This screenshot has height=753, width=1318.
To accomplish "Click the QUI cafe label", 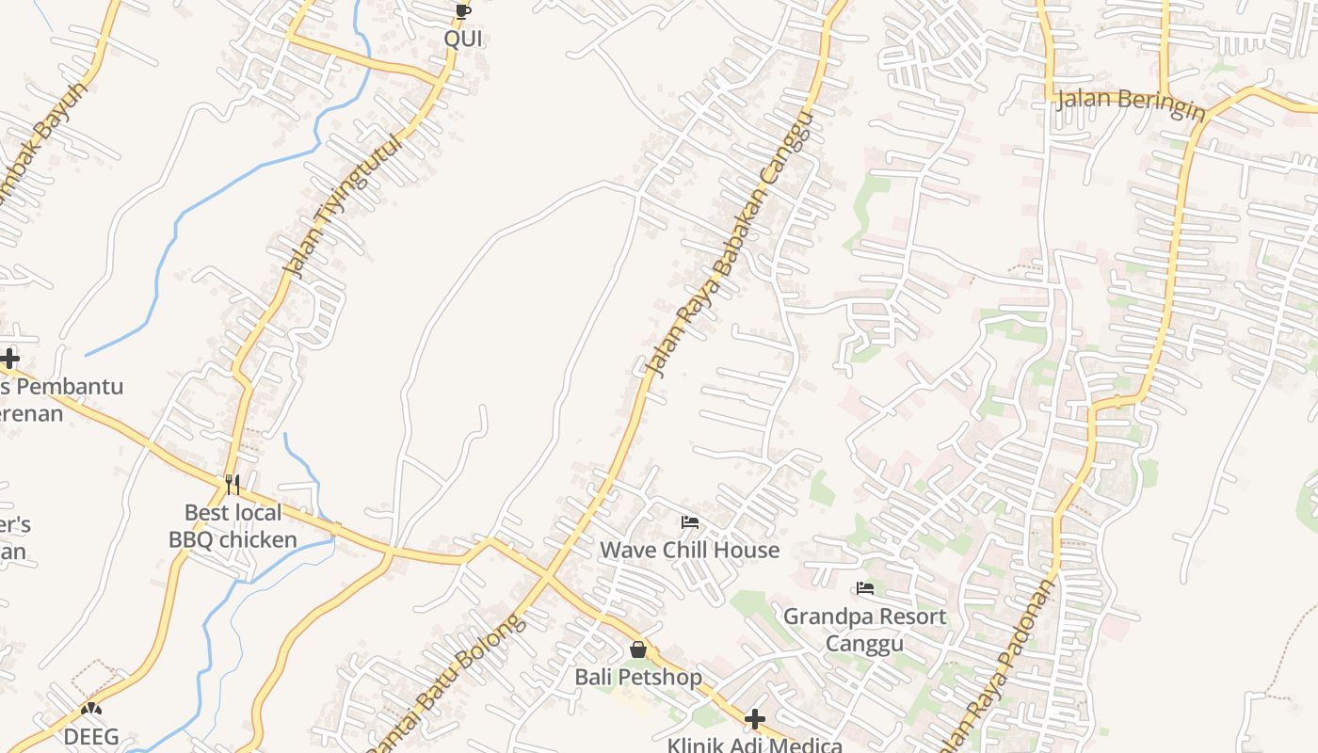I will coord(463,39).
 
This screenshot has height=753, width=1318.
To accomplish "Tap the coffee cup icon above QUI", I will coord(462,11).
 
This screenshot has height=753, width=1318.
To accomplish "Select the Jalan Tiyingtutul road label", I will coord(343,206).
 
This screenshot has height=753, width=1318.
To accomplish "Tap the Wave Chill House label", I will coord(690,550).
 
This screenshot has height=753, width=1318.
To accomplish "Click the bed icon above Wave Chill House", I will coord(690,522).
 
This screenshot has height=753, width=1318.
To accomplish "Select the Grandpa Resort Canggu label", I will coord(865,630).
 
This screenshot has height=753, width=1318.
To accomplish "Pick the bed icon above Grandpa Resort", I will coord(865,589).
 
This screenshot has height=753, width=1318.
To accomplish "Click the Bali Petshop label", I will coord(638,677).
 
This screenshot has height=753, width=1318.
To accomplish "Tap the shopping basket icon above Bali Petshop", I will coord(638,649).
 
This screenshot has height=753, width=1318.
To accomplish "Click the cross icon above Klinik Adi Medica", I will coord(754,720).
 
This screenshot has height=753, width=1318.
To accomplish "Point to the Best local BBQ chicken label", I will coord(233,526).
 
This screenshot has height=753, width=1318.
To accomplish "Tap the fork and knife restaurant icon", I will coord(233,485).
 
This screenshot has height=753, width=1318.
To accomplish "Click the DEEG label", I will coord(91,736).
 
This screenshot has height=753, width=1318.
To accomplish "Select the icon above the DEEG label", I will coord(91,709).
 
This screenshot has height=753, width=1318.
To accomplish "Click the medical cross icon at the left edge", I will coord(9,359).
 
